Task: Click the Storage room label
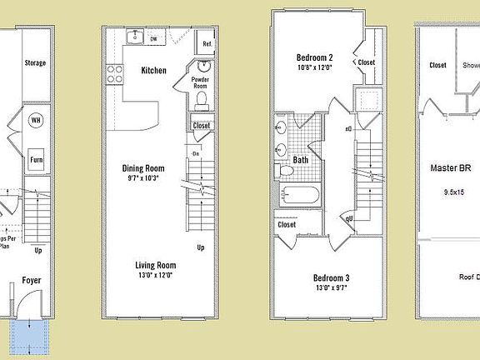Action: (35, 62)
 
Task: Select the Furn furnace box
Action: (37, 159)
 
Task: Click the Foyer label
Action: (31, 281)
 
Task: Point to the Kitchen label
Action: (153, 71)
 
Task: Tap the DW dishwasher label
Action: (153, 38)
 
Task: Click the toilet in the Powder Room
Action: (202, 99)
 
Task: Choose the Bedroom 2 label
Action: (316, 58)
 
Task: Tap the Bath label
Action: (301, 159)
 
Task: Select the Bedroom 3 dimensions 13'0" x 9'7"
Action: (329, 288)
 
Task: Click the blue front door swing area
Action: (31, 335)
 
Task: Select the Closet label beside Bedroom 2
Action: (367, 62)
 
